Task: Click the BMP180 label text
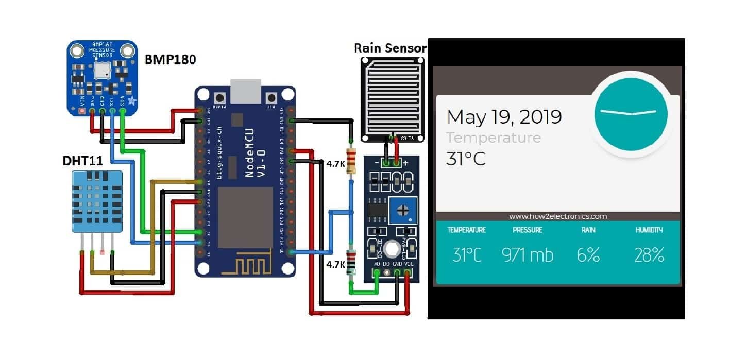click(169, 59)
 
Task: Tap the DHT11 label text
click(82, 161)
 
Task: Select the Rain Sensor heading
click(390, 48)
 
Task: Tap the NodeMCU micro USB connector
click(246, 92)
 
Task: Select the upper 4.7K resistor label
click(335, 164)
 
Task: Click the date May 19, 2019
click(503, 117)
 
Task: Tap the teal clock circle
click(631, 112)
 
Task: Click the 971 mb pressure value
click(527, 254)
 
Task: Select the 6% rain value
click(588, 254)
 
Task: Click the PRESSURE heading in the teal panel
click(527, 230)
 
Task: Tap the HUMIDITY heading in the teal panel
click(649, 230)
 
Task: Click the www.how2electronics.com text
click(558, 217)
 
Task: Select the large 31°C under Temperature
click(466, 159)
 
